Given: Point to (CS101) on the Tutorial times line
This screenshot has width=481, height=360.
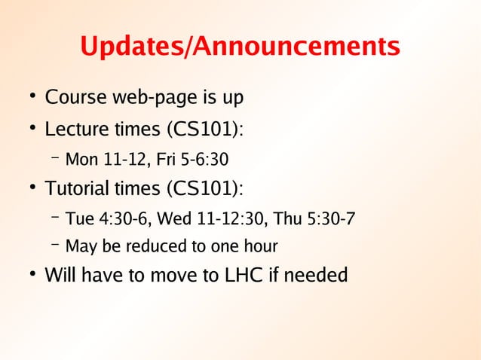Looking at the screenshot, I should click(205, 188).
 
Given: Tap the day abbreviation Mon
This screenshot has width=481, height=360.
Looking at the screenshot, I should click(80, 160).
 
